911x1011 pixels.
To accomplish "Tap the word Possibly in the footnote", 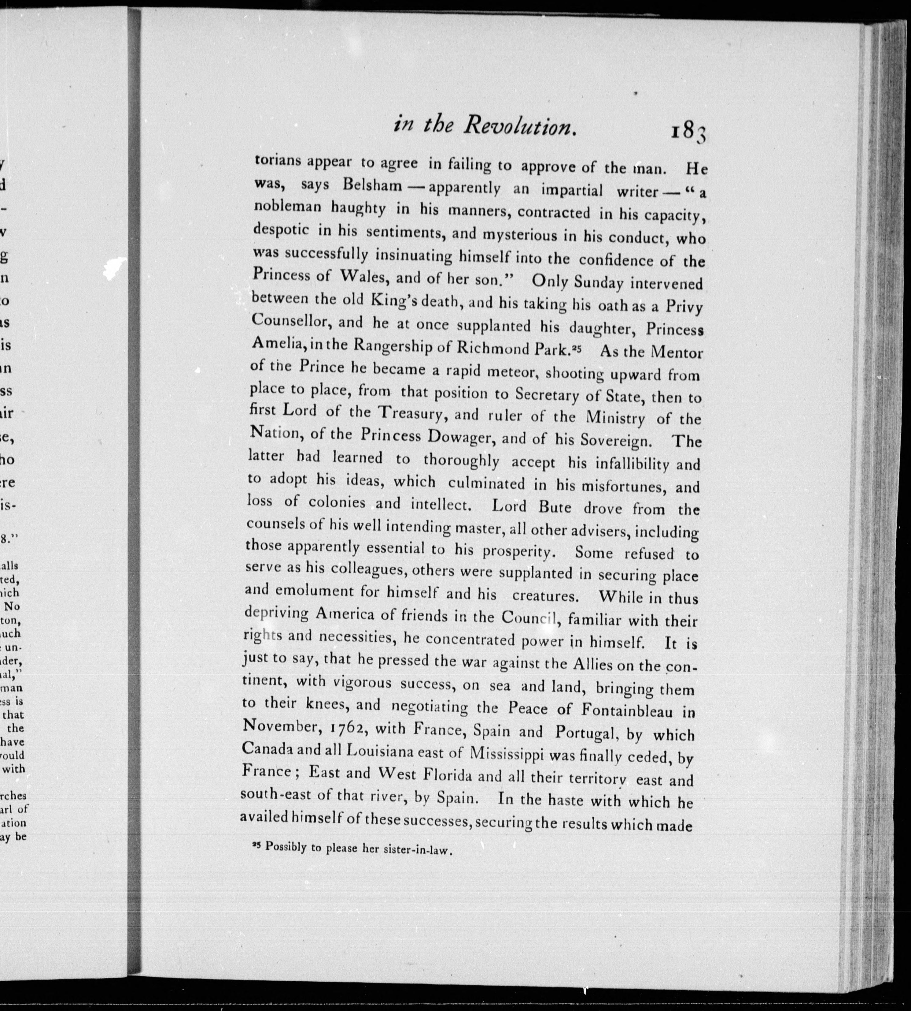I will pos(285,847).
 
